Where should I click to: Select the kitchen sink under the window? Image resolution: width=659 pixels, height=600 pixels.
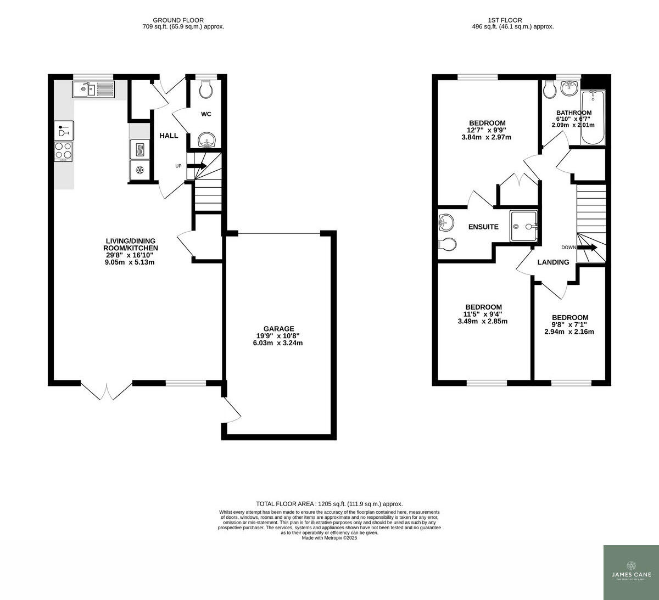[x=92, y=89]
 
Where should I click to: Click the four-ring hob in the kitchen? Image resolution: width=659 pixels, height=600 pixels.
[x=63, y=150]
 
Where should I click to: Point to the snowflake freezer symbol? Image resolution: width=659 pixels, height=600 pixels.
[x=139, y=170]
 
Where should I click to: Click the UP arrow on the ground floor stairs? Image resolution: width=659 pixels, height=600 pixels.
[x=198, y=165]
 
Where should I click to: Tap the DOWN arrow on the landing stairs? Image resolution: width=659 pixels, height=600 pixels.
[x=587, y=248]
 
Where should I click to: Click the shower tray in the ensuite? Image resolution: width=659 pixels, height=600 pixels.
[x=524, y=226]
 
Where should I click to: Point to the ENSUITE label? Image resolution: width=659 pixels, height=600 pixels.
[x=483, y=227]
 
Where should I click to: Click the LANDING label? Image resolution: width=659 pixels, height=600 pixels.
[x=553, y=262]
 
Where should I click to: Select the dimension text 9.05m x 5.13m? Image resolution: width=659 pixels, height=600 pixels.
[x=130, y=262]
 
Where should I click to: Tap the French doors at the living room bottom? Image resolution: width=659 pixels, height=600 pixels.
[x=107, y=390]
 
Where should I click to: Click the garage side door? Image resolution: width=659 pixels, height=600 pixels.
[x=232, y=410]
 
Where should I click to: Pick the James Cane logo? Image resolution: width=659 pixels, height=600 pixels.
[x=631, y=572]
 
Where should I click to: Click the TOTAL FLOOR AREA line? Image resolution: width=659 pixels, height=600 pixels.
[x=329, y=504]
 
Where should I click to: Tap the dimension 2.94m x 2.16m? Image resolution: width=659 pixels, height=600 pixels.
[x=569, y=332]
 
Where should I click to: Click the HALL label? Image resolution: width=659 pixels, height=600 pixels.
[x=169, y=136]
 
